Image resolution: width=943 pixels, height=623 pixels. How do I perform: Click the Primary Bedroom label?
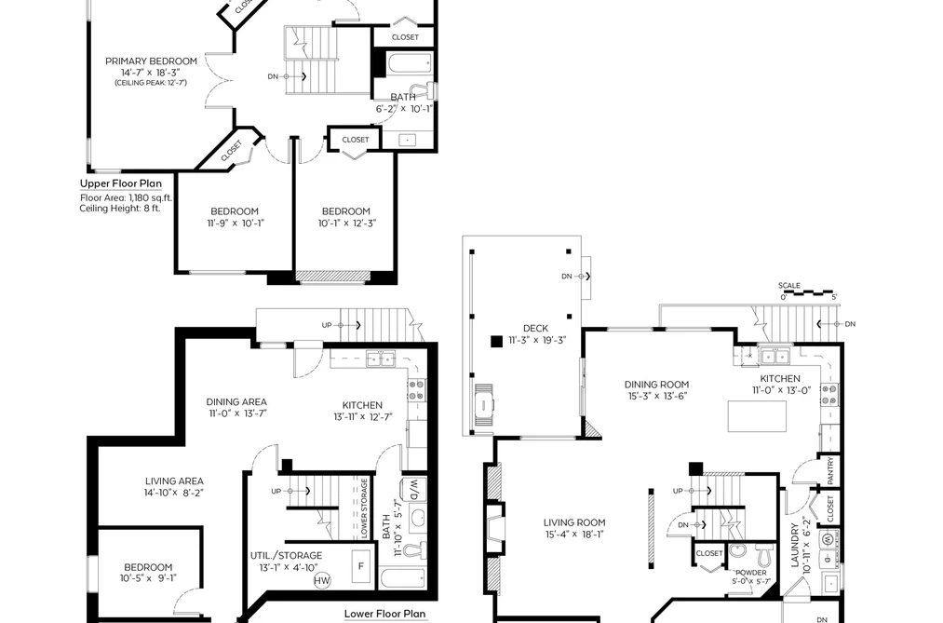(x=151, y=61)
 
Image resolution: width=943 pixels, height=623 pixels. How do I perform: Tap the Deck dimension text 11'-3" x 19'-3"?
(x=538, y=340)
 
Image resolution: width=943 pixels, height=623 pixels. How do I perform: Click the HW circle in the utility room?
(x=322, y=580)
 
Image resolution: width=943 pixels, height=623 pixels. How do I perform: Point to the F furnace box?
(x=361, y=566)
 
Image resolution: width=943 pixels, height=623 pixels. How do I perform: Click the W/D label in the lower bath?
(x=413, y=490)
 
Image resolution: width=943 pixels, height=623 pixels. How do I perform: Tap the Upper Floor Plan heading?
(x=121, y=183)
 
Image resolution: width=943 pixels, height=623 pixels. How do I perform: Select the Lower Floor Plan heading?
(x=384, y=614)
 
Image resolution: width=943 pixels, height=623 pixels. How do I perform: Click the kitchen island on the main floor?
(x=757, y=416)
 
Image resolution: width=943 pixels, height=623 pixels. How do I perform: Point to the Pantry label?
(x=830, y=471)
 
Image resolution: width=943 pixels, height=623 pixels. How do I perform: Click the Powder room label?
(x=751, y=573)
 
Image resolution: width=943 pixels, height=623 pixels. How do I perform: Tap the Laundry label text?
(x=794, y=545)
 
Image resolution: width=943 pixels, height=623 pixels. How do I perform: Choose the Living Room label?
(x=574, y=522)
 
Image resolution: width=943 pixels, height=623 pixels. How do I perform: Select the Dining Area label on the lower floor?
(x=236, y=401)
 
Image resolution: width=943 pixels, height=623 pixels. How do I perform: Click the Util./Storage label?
(x=287, y=556)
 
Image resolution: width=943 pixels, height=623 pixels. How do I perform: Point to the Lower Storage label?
(x=364, y=508)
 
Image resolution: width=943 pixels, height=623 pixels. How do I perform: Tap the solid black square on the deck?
(x=496, y=342)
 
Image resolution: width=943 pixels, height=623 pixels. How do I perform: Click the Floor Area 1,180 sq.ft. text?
(x=127, y=197)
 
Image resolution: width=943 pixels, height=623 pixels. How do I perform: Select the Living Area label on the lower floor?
(x=174, y=481)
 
